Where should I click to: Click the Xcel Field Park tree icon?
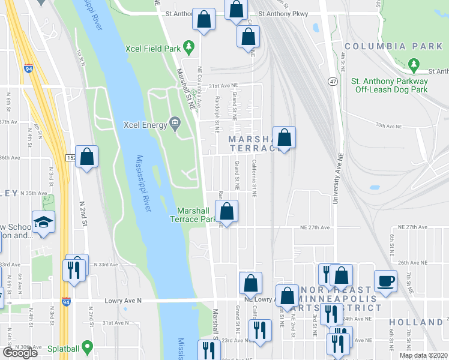(x=188, y=46)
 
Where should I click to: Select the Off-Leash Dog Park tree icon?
(x=414, y=64)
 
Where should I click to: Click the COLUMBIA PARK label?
(x=393, y=46)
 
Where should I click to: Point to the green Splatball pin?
(x=87, y=347)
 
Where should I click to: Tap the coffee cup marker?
(x=385, y=280)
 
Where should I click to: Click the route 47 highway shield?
(x=332, y=80)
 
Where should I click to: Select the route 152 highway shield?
(x=71, y=157)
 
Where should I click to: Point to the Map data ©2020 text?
(x=423, y=355)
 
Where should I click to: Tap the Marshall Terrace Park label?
(x=197, y=215)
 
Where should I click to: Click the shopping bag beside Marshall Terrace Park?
(x=227, y=211)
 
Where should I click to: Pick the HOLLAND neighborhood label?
(x=415, y=322)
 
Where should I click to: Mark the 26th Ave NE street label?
(x=413, y=263)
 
